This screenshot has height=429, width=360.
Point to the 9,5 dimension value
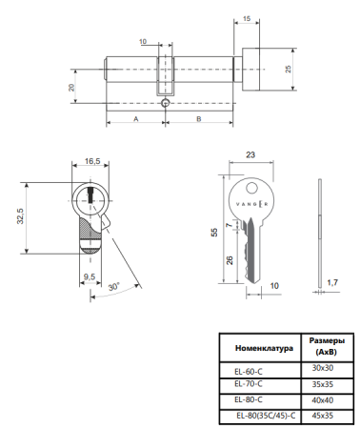pos(88,277)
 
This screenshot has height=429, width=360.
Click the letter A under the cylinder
pos(135,120)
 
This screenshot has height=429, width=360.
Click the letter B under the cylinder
pos(196,120)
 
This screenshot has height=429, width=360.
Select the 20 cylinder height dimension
pos(70,87)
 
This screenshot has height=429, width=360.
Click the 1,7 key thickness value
pos(330,282)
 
